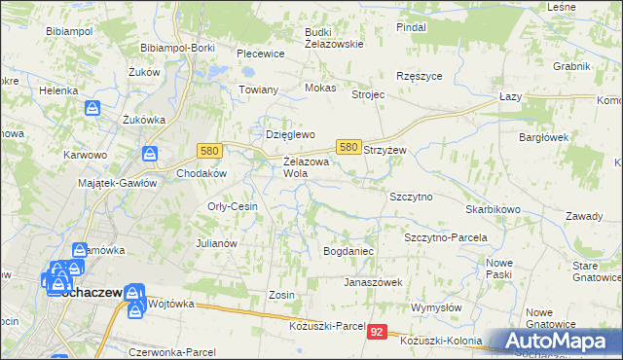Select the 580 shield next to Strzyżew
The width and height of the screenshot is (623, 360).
[348, 146]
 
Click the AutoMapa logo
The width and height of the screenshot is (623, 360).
[554, 341]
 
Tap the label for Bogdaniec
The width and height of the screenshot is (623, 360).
[348, 251]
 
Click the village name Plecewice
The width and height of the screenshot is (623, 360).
[259, 54]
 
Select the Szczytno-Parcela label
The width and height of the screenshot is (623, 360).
[445, 236]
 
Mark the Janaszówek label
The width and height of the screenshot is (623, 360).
[373, 282]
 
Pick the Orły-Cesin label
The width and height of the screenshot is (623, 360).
[233, 206]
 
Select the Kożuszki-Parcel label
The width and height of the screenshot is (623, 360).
[327, 324]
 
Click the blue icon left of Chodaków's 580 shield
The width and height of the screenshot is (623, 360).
[151, 154]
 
